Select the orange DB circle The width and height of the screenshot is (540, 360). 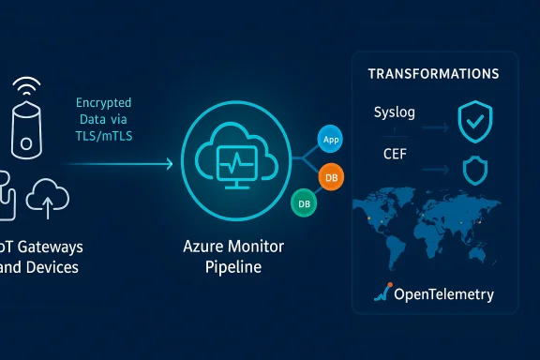[x=330, y=175]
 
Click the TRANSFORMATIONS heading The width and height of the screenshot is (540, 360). [x=432, y=73]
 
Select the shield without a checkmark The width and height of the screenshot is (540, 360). [x=475, y=170]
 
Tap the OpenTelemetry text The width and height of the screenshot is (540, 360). [x=443, y=295]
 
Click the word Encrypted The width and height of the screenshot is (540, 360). [x=104, y=102]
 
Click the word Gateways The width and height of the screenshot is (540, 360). [x=50, y=247]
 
